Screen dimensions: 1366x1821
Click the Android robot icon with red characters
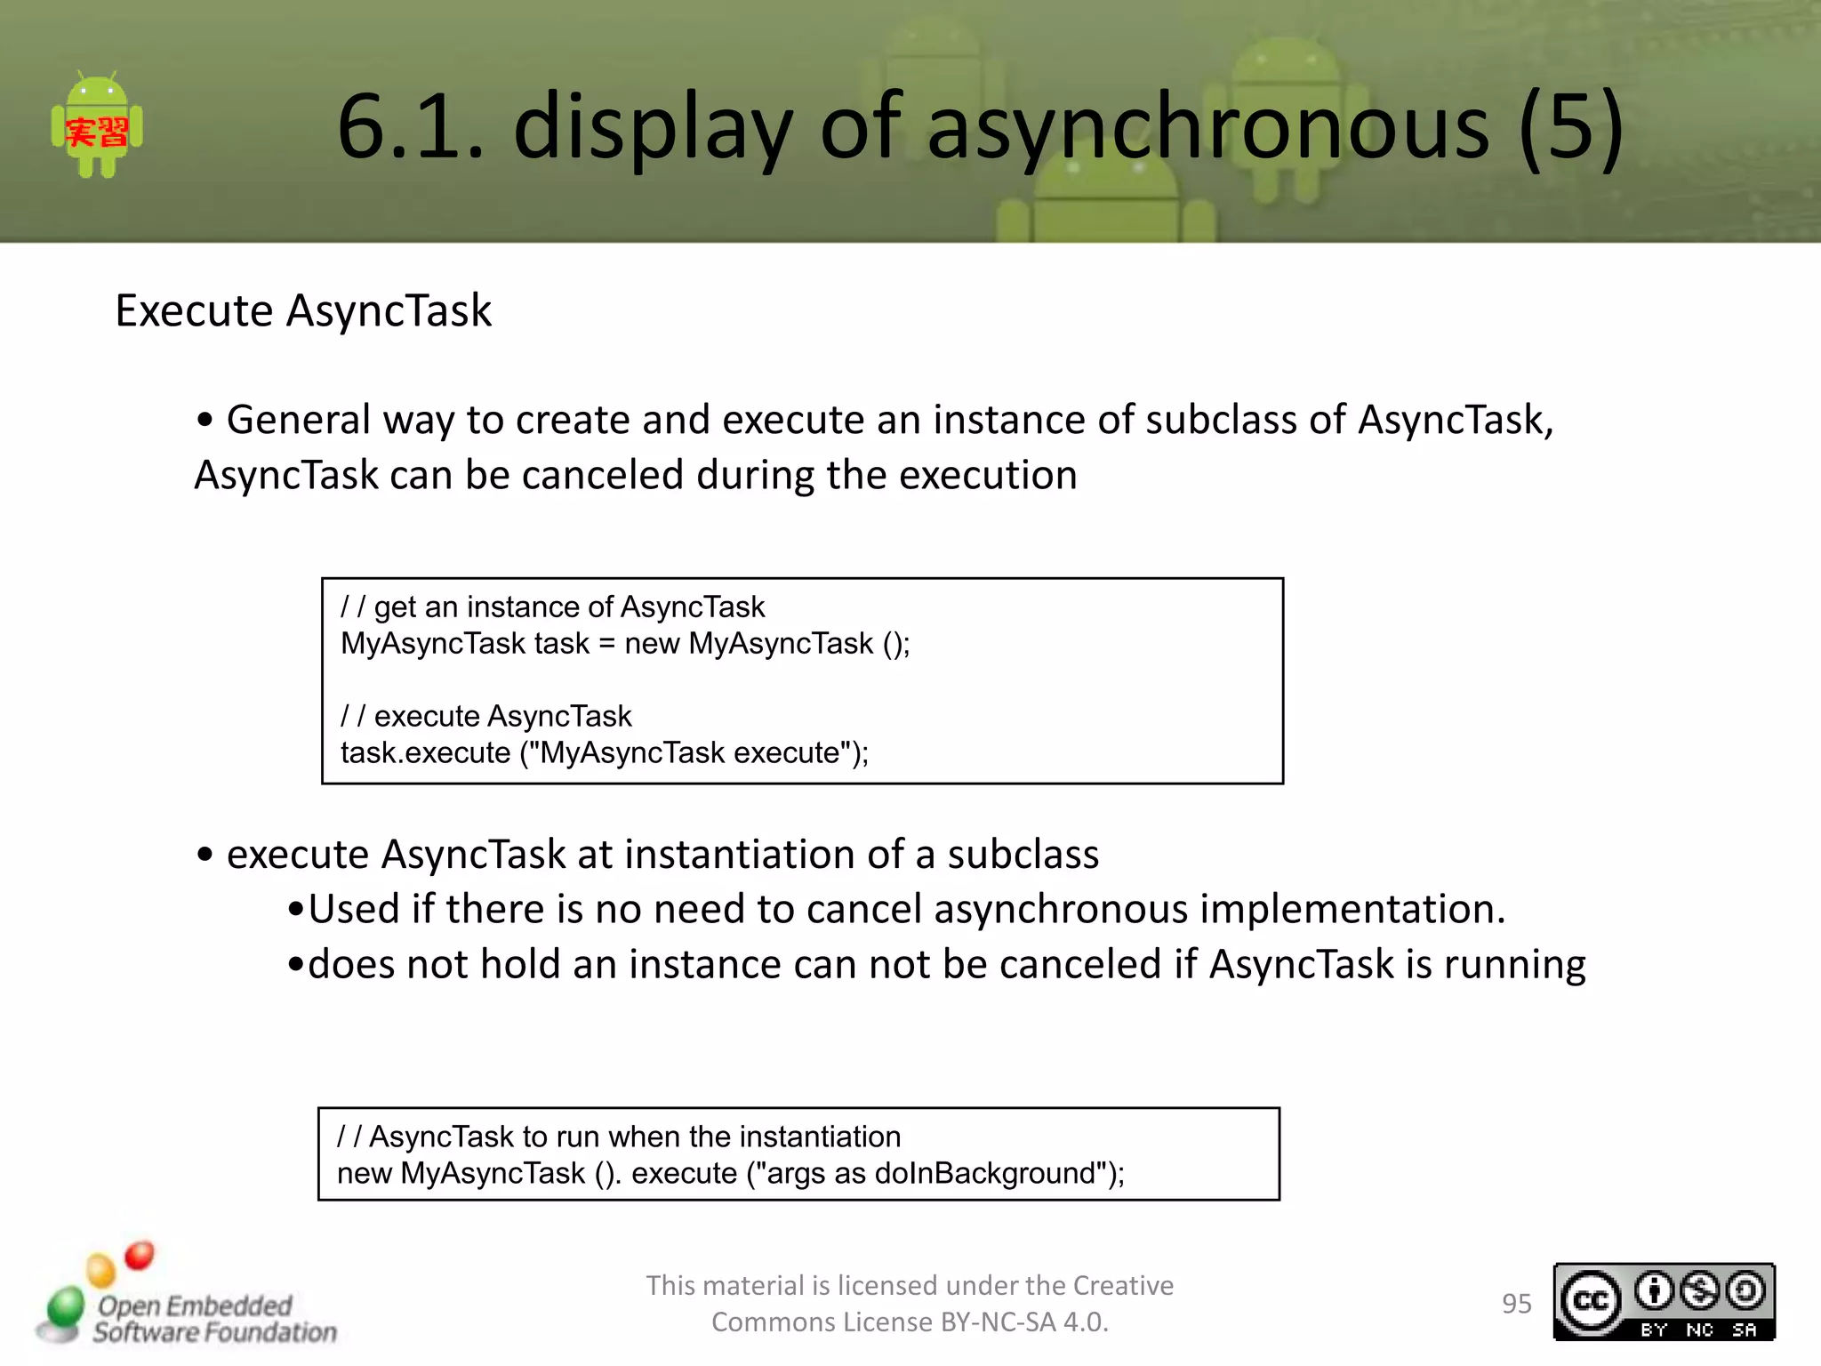click(x=97, y=127)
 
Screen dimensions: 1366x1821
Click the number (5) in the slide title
click(x=1571, y=127)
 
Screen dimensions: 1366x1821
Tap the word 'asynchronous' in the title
click(x=1207, y=127)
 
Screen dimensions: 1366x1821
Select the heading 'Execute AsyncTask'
click(x=303, y=311)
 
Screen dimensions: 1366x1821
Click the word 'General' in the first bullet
click(x=298, y=420)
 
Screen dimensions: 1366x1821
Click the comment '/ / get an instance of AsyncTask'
click(x=552, y=607)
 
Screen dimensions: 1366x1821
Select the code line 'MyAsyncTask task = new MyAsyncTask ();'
click(x=625, y=644)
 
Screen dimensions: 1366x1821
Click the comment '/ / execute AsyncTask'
click(x=485, y=717)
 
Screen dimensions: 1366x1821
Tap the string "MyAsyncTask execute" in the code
click(x=691, y=753)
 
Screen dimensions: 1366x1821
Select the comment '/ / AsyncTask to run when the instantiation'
click(x=619, y=1137)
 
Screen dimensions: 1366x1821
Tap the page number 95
click(x=1516, y=1304)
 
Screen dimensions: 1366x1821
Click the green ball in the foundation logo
click(x=65, y=1308)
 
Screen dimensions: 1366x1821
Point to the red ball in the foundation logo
click(x=140, y=1255)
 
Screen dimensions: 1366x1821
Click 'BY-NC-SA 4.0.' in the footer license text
click(x=1024, y=1322)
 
